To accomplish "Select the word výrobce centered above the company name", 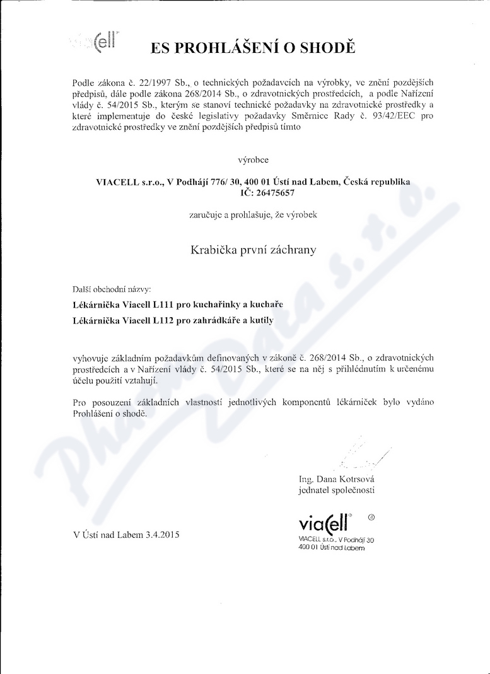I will [x=253, y=160].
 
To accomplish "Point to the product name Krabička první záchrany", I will [x=254, y=249].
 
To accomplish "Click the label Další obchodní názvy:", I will [x=112, y=289].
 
